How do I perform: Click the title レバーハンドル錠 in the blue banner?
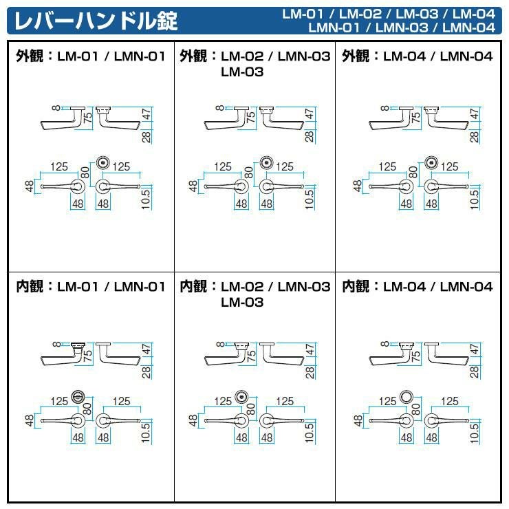click(96, 21)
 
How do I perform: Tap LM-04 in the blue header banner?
click(474, 14)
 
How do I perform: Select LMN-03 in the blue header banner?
click(402, 28)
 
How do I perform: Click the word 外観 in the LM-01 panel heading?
click(30, 56)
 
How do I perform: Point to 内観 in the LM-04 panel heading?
click(356, 286)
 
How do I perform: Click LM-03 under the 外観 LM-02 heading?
click(242, 72)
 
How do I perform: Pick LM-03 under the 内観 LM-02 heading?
click(242, 303)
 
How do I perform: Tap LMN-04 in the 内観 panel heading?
click(466, 287)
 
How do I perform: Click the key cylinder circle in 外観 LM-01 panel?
click(104, 162)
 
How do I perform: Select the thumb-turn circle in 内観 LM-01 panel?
click(78, 396)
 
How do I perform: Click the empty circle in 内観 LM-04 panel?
click(407, 396)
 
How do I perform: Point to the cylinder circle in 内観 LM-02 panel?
click(241, 396)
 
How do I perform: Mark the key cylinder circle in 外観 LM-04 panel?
click(431, 162)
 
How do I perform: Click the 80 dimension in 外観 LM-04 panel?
click(413, 172)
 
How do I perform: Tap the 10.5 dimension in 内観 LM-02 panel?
click(310, 433)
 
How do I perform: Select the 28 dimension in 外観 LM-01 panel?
click(147, 137)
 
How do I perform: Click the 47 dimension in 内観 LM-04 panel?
click(475, 349)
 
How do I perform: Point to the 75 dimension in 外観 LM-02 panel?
click(251, 117)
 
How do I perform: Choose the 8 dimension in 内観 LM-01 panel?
click(56, 344)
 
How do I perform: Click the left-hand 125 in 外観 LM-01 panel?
click(59, 167)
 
